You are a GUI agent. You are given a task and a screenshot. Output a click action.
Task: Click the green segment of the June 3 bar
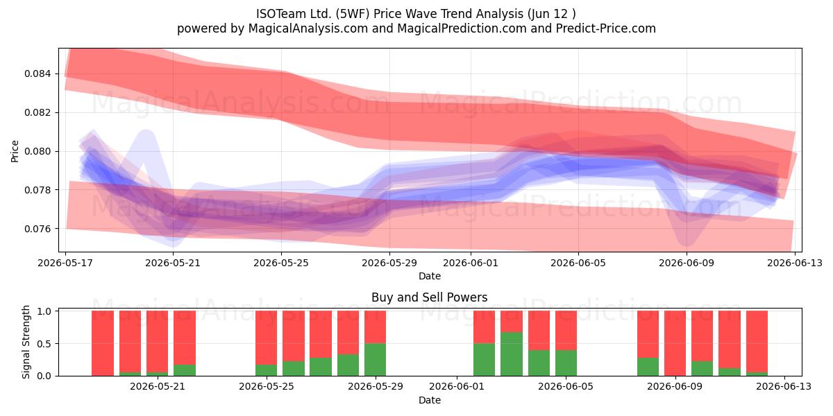click(512, 354)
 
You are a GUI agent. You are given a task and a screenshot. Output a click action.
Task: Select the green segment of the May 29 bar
click(376, 360)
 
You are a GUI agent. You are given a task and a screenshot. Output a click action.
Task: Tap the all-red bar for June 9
click(675, 343)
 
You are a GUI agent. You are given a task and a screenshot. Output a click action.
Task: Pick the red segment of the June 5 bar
click(566, 330)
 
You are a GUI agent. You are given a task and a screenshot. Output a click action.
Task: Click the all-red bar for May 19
click(103, 343)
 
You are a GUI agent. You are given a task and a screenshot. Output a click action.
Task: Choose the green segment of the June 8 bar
click(648, 367)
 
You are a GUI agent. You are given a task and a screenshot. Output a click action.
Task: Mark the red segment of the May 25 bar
click(267, 338)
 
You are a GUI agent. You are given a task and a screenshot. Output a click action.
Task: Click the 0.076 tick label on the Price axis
click(37, 229)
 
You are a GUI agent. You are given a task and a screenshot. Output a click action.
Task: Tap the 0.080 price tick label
click(37, 151)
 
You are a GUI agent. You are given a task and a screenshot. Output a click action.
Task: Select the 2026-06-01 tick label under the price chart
click(471, 263)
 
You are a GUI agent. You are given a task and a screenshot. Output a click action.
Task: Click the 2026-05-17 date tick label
click(65, 263)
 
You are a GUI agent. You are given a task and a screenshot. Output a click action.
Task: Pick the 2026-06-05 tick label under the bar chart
click(566, 386)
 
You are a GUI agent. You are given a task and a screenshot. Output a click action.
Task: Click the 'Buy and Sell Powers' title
click(430, 297)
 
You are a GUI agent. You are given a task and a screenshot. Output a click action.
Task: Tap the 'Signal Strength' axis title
click(26, 342)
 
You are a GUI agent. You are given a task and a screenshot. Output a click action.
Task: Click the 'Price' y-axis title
click(15, 151)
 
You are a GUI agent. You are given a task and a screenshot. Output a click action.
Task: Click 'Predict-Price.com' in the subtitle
click(606, 28)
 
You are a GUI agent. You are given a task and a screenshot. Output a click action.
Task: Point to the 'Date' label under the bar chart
click(430, 400)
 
